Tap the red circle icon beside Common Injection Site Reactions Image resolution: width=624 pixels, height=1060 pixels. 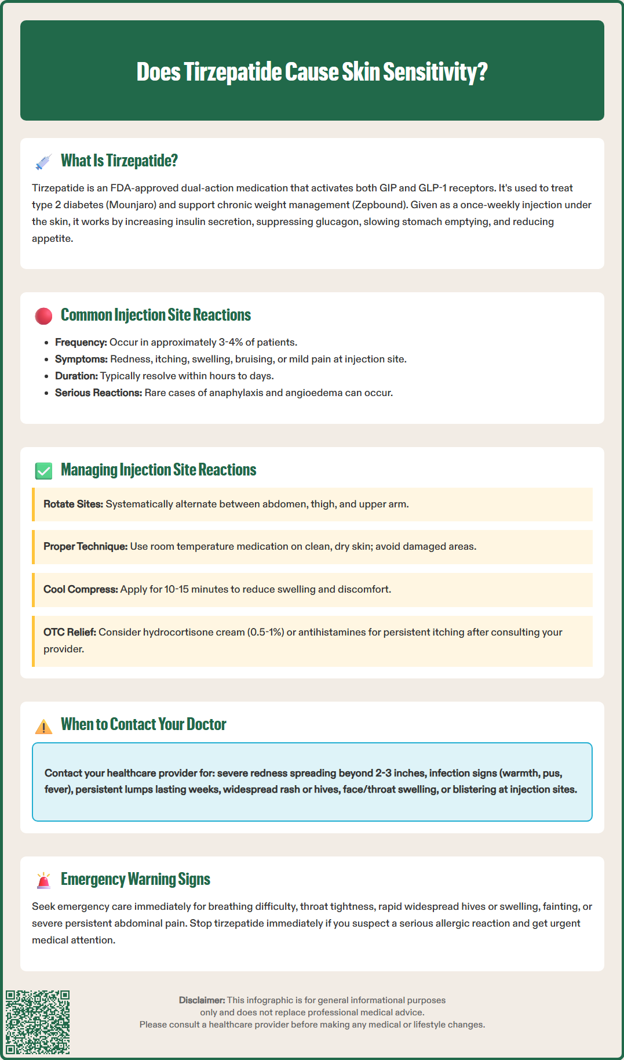click(43, 316)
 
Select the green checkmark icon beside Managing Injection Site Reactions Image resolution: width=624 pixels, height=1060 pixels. click(43, 471)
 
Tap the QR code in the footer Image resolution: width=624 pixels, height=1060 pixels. click(38, 1022)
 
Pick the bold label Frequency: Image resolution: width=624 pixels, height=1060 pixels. click(81, 342)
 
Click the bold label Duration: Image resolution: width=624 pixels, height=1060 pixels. click(76, 376)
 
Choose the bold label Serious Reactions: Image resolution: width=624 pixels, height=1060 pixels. click(98, 393)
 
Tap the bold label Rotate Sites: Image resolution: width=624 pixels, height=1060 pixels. click(73, 504)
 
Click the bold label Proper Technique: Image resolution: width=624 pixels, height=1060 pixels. click(85, 546)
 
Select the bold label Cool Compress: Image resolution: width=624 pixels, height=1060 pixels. click(81, 589)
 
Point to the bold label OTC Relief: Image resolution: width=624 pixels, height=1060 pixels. click(70, 632)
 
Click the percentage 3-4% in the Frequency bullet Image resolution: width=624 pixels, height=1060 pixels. click(231, 342)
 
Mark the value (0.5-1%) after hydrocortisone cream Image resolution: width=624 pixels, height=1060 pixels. click(266, 632)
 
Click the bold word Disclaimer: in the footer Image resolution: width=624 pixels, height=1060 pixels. click(202, 1000)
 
